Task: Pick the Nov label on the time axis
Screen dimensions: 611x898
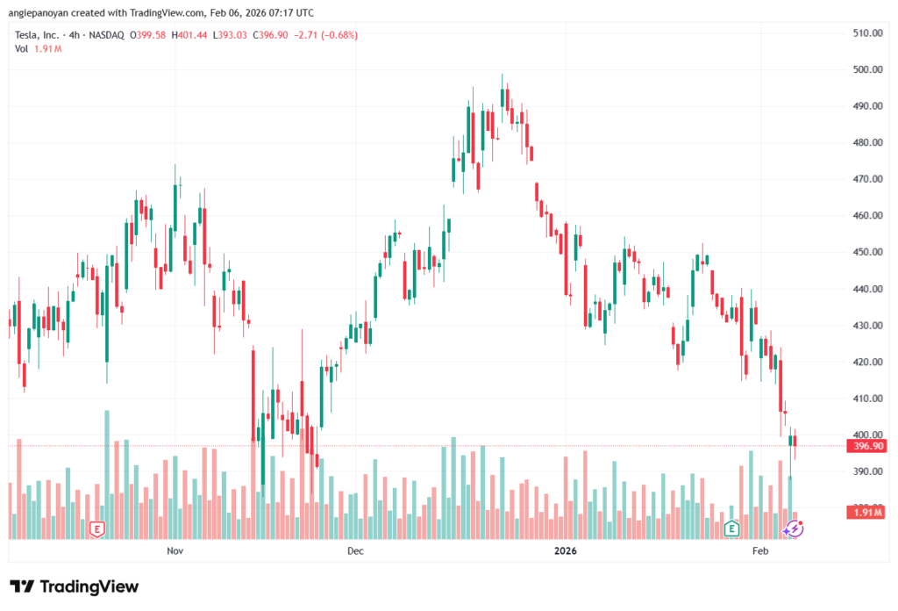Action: (x=175, y=551)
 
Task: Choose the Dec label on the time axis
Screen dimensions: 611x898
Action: (x=355, y=551)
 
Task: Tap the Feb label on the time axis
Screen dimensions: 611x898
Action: (x=760, y=551)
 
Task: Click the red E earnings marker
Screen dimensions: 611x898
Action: (x=97, y=528)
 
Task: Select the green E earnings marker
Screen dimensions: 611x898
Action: (x=731, y=528)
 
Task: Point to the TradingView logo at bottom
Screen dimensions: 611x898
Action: (x=75, y=586)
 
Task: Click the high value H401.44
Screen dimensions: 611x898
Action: (x=190, y=35)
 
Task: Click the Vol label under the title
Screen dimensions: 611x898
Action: (x=22, y=48)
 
